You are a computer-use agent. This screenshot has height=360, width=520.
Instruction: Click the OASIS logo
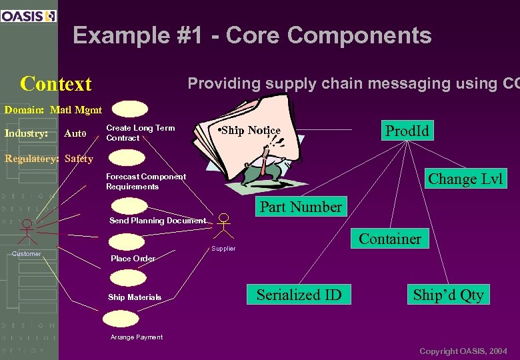click(29, 15)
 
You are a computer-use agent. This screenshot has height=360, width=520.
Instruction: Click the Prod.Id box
click(407, 130)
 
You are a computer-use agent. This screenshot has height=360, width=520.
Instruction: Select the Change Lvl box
click(465, 179)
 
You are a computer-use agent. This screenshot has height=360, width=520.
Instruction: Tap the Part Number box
click(300, 207)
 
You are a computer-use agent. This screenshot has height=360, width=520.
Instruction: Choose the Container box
click(390, 239)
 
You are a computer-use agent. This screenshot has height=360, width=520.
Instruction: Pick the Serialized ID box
click(299, 295)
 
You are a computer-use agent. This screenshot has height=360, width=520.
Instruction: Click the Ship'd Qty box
click(448, 295)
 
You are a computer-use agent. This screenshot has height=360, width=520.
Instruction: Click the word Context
click(56, 84)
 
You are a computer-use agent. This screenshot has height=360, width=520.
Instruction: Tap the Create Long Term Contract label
click(140, 133)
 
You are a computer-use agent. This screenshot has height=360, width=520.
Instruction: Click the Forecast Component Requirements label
click(146, 181)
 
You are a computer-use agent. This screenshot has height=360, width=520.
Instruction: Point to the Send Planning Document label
click(157, 221)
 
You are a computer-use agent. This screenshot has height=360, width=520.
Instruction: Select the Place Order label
click(133, 259)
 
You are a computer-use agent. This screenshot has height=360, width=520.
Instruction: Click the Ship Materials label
click(135, 297)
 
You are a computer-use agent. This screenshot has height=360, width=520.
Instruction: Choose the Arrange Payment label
click(136, 337)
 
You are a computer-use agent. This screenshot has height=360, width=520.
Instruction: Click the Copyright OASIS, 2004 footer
click(463, 351)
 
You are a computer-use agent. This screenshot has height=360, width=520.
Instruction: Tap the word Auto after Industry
click(75, 134)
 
